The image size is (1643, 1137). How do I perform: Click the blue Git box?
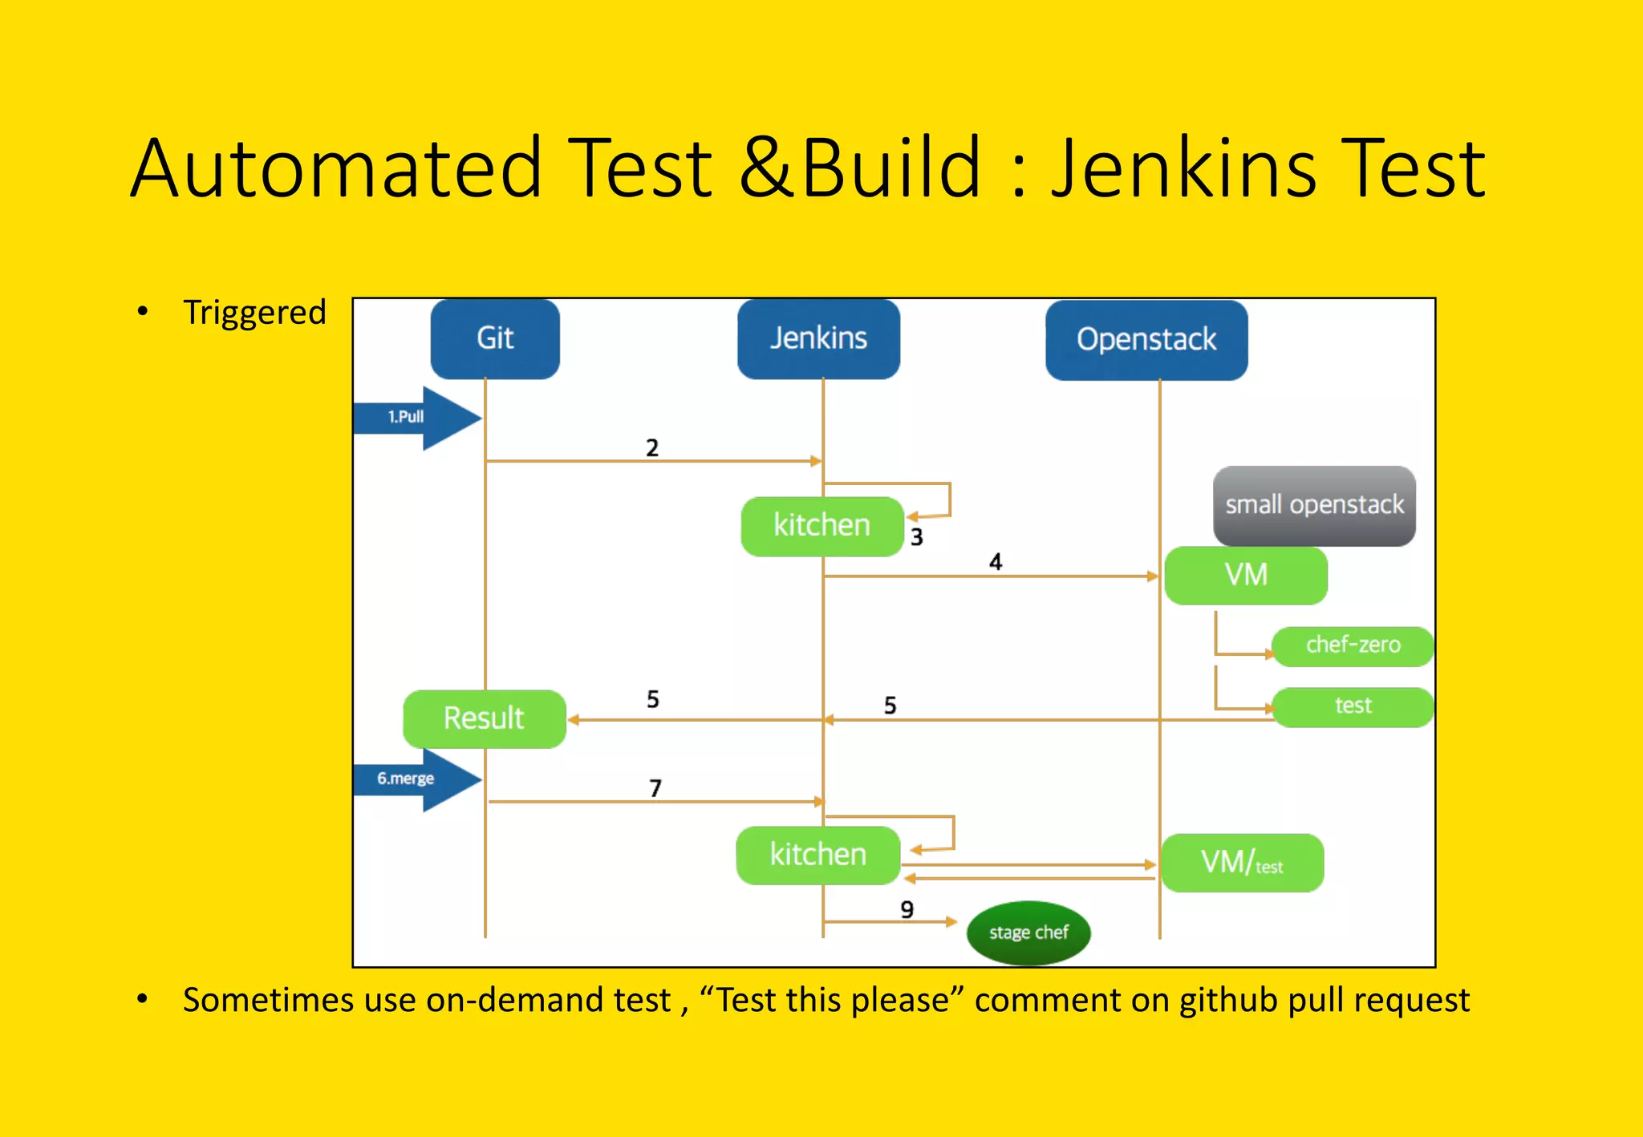point(495,338)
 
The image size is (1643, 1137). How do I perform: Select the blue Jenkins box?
point(818,338)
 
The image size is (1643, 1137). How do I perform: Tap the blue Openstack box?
point(1146,340)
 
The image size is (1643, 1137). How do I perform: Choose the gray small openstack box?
point(1314,505)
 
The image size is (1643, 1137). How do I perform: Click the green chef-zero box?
point(1353,645)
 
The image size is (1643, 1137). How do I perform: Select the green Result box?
point(485,718)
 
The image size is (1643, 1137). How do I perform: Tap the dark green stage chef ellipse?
point(1028,933)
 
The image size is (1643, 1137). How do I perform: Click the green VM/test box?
point(1242,863)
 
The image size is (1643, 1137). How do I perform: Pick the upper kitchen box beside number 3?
point(821,526)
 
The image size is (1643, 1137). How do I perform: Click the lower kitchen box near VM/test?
point(817,855)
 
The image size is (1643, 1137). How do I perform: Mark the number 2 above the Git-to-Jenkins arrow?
point(652,447)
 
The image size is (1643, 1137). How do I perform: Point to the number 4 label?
point(996,561)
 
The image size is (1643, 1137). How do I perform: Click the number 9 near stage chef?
point(907,909)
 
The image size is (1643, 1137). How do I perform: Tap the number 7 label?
point(655,788)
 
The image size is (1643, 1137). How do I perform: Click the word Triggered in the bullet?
point(254,313)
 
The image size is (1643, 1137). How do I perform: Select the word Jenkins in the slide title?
point(1184,168)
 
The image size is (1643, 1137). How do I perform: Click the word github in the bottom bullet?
point(1228,1000)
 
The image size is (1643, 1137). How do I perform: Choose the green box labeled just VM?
point(1246,575)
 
